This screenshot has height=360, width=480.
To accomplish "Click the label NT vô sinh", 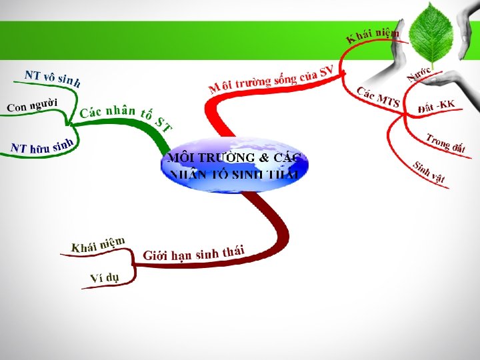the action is (53, 78).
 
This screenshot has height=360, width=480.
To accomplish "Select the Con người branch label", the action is (32, 105).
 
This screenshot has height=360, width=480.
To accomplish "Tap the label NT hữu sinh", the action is (41, 145).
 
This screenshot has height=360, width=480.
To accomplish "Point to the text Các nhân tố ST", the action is (125, 117).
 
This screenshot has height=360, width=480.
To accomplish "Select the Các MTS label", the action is (378, 97).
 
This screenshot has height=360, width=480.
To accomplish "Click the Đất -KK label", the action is (436, 105).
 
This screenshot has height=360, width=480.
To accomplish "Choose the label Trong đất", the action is (445, 143).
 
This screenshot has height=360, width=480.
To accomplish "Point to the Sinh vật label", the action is (429, 172).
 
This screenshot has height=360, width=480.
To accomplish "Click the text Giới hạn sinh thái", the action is (193, 253).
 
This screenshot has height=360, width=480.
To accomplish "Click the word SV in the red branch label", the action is (326, 69).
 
